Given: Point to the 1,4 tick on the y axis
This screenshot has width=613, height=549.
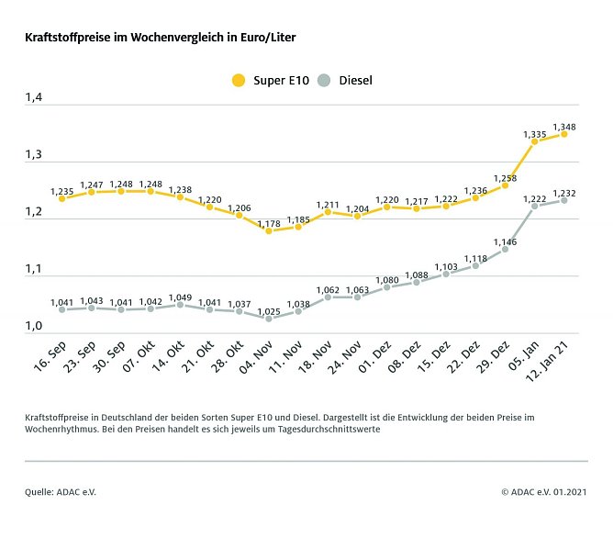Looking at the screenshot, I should [34, 96].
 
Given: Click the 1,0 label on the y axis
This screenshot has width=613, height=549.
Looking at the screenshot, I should [34, 326].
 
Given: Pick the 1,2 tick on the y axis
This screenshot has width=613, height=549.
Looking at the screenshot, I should [34, 211].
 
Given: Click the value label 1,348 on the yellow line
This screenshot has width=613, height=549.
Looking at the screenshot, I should [563, 127].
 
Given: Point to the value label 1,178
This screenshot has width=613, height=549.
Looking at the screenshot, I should [269, 222].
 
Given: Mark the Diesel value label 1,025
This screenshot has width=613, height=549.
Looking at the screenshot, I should [269, 310].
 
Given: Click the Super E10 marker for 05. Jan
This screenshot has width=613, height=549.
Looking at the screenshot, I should [534, 141].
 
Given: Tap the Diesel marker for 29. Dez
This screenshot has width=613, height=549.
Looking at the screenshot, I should [505, 249].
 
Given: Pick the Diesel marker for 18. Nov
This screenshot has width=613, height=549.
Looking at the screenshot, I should [328, 297].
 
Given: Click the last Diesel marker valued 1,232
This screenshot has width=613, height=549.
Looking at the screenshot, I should [563, 200].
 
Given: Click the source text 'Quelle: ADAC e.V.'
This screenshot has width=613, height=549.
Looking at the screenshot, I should [61, 492].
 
